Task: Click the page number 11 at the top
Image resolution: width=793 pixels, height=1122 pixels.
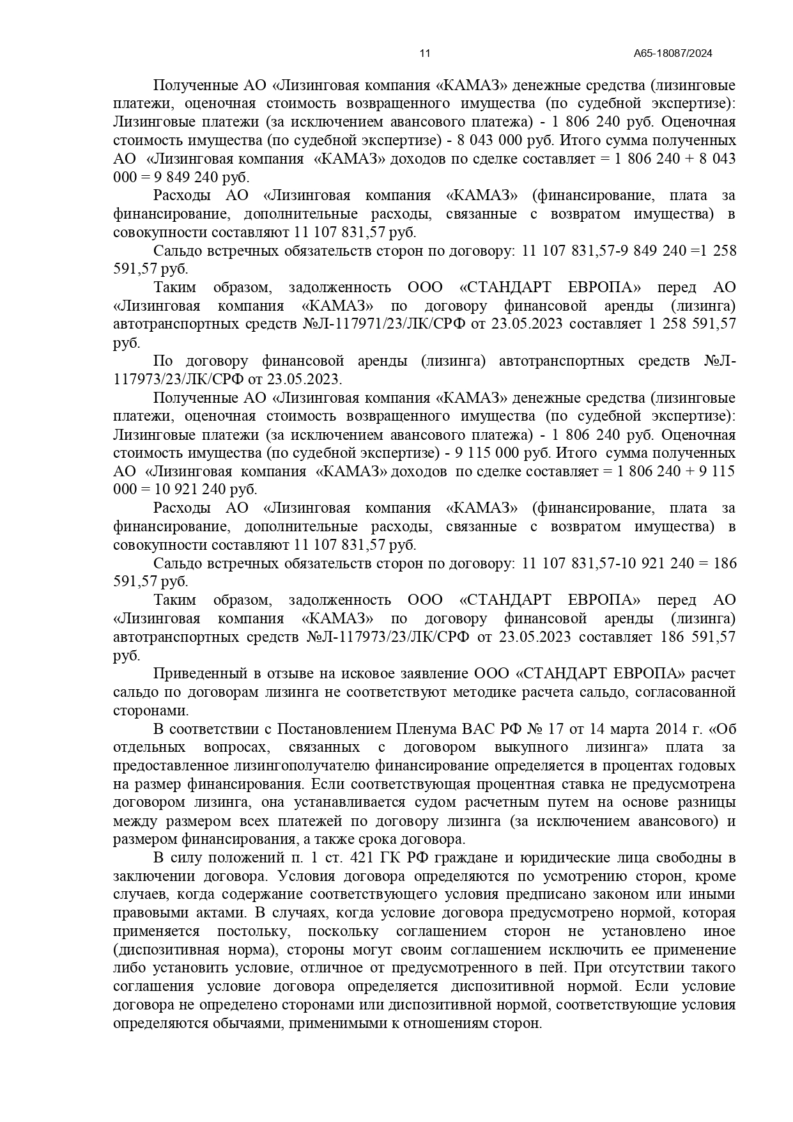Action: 425,54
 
